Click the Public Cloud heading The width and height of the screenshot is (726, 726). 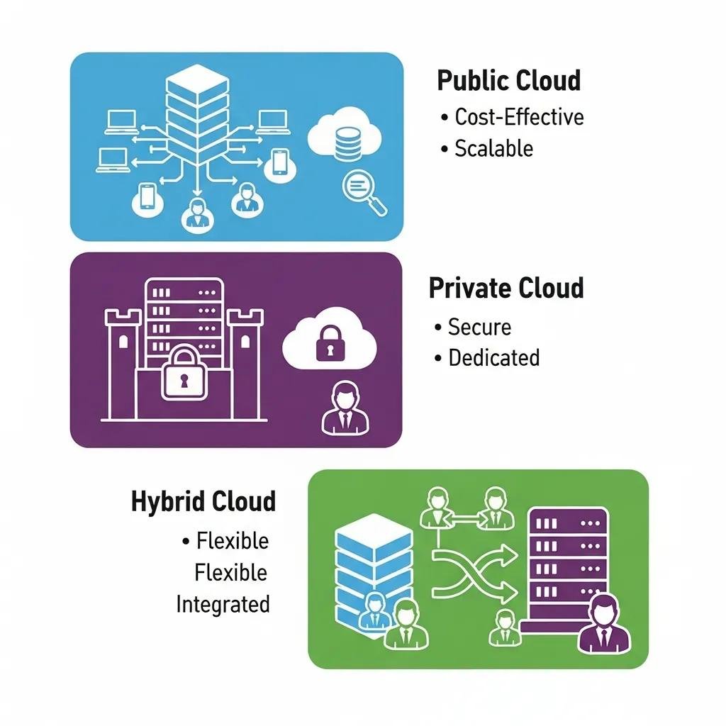(508, 80)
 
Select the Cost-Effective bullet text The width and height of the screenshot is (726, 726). (519, 116)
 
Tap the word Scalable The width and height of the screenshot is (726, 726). (493, 148)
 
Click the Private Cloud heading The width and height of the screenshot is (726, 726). (506, 289)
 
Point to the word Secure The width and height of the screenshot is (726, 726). (479, 327)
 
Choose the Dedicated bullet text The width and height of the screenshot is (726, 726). (493, 357)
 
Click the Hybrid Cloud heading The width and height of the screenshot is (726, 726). (203, 501)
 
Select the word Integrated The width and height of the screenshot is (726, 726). (223, 604)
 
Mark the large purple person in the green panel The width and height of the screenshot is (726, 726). (604, 624)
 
